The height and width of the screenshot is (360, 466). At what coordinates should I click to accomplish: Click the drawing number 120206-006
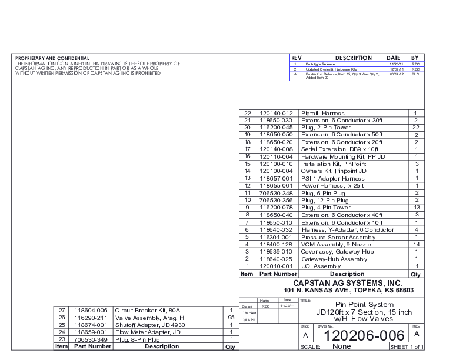361,335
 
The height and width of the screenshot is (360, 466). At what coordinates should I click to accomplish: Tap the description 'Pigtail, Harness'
323,113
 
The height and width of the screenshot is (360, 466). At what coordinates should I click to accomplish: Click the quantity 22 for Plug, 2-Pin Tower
415,127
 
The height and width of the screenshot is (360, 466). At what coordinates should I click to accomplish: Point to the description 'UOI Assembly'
321,266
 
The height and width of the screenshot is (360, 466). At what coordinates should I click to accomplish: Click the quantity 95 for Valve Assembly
231,317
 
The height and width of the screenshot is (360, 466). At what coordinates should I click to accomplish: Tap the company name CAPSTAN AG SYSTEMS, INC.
348,283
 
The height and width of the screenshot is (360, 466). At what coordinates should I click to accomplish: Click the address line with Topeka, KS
348,291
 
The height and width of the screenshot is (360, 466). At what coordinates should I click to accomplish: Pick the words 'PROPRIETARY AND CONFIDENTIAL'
52,58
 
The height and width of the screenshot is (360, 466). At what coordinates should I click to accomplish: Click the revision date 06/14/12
395,75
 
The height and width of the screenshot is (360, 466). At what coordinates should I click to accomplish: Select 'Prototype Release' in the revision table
320,64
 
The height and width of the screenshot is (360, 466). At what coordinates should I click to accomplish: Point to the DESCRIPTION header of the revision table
354,58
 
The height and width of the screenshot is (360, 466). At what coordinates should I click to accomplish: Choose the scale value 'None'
342,346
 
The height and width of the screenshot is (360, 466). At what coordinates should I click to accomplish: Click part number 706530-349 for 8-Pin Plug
90,339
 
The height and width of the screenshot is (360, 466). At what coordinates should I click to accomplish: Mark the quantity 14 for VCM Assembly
415,244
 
